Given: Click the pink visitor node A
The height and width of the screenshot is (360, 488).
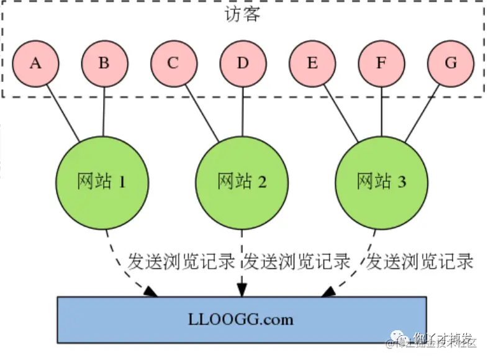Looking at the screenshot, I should click(x=35, y=63).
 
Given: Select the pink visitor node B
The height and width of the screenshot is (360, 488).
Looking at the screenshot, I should click(x=104, y=63).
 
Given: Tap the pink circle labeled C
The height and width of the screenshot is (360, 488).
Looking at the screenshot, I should click(x=173, y=63).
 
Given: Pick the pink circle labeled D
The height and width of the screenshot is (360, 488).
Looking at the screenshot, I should click(x=243, y=63).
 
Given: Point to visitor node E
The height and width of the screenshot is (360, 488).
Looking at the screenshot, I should click(x=312, y=63).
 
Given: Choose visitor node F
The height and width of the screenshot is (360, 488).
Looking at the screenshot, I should click(x=381, y=63).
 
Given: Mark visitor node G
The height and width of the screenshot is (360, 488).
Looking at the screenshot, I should click(x=451, y=63).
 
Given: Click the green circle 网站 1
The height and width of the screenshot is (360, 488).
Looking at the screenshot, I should click(x=102, y=182).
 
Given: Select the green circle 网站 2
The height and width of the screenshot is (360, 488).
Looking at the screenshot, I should click(x=242, y=182).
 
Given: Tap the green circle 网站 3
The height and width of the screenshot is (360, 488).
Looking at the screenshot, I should click(x=382, y=182).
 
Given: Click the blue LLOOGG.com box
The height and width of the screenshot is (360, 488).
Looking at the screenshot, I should click(x=242, y=320).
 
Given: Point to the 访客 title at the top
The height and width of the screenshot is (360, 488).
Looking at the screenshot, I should click(x=243, y=14).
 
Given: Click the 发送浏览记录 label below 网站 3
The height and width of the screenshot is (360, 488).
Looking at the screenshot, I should click(x=420, y=261).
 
